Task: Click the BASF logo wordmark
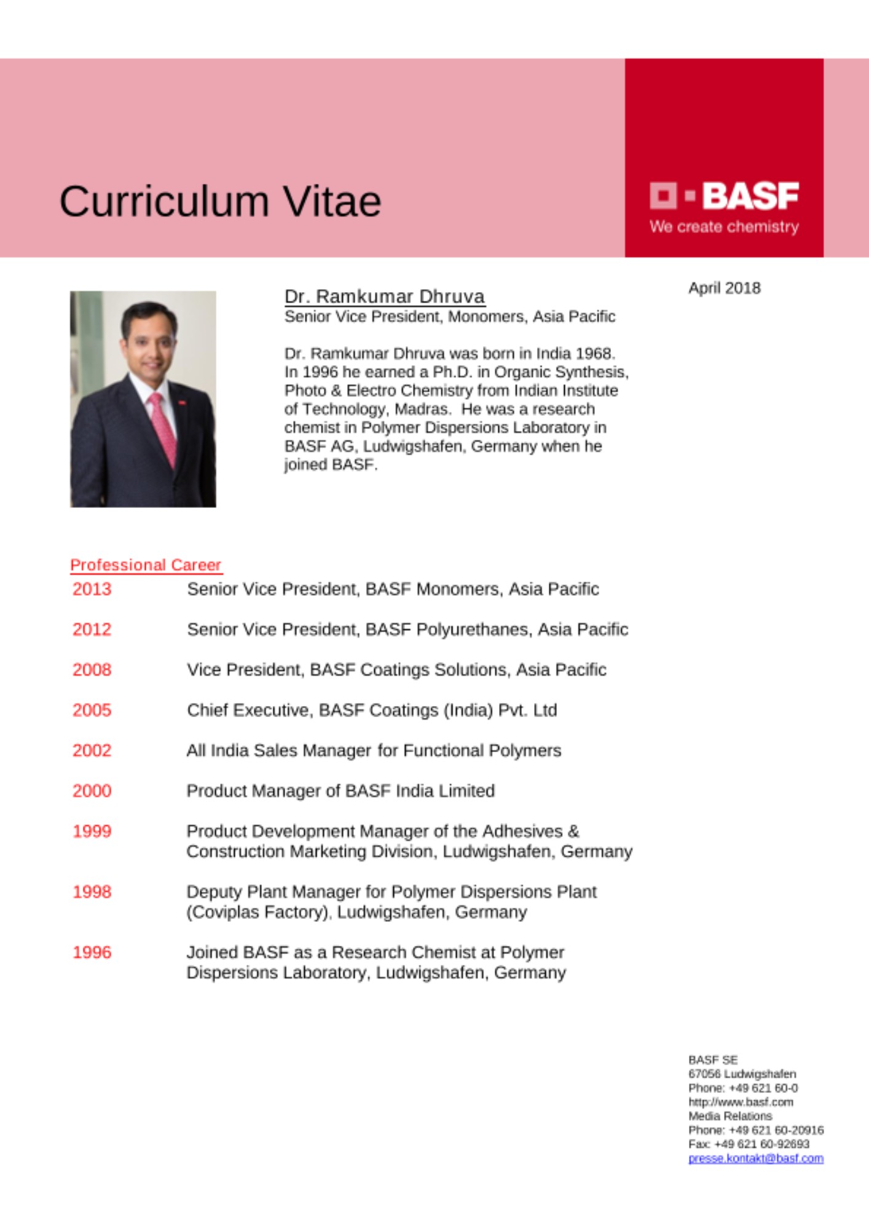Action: pyautogui.click(x=750, y=196)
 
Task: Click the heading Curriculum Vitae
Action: pyautogui.click(x=220, y=201)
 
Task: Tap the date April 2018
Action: pyautogui.click(x=724, y=288)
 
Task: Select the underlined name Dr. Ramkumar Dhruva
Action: pyautogui.click(x=385, y=296)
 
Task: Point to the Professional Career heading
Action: pyautogui.click(x=146, y=565)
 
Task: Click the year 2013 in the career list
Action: pyautogui.click(x=92, y=589)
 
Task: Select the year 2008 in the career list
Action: pyautogui.click(x=92, y=670)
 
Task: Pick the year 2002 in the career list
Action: pyautogui.click(x=92, y=750)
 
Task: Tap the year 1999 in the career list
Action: pyautogui.click(x=92, y=831)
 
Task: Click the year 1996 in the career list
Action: pyautogui.click(x=92, y=953)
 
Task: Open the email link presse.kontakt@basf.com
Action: pyautogui.click(x=755, y=1159)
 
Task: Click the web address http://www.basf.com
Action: pyautogui.click(x=741, y=1102)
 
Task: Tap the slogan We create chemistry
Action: pyautogui.click(x=724, y=227)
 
